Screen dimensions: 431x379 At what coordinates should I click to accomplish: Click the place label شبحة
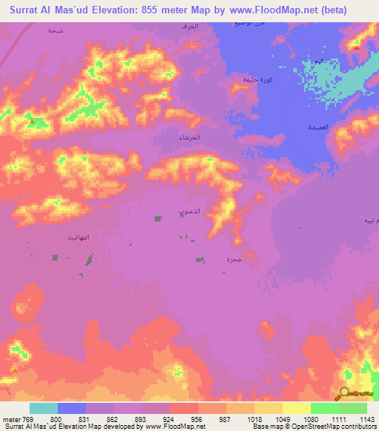tap(56, 30)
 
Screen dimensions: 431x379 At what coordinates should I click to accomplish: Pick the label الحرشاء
tap(190, 138)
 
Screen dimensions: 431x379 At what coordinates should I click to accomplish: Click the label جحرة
tap(234, 260)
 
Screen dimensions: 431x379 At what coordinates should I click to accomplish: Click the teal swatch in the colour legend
tap(44, 407)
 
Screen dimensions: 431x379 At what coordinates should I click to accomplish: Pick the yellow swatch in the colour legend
tap(296, 407)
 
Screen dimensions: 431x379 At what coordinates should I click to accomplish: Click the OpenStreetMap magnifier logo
tap(344, 393)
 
